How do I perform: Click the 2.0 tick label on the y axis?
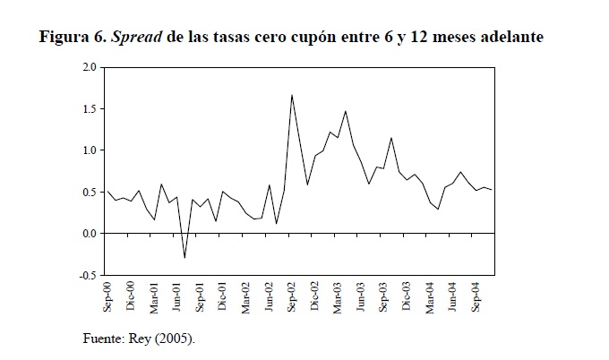click(89, 67)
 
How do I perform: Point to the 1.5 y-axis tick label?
click(89, 108)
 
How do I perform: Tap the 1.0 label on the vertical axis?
click(89, 150)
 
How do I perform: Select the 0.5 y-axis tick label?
click(89, 192)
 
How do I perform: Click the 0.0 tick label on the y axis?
click(89, 233)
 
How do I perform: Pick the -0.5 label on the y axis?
click(87, 275)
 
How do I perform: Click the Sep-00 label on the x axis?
click(108, 295)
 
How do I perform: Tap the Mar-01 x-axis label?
click(154, 295)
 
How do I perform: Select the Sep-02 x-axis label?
click(292, 295)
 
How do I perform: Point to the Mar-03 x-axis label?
click(338, 295)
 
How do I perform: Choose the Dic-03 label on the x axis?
click(407, 295)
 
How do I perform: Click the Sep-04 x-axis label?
click(476, 295)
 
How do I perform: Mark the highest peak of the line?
click(292, 95)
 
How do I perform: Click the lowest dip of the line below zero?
click(184, 258)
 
